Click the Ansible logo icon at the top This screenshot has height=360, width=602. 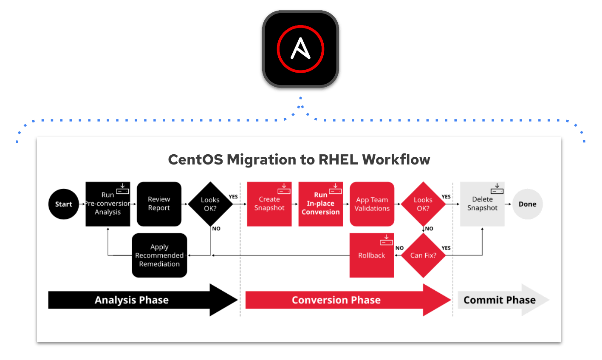300,49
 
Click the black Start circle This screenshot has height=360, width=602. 64,204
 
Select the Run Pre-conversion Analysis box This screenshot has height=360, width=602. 108,204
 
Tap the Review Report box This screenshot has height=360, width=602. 159,204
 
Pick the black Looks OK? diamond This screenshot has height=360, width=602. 210,204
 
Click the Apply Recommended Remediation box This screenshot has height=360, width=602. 159,255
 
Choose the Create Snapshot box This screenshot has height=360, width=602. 269,204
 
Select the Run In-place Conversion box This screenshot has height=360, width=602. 321,204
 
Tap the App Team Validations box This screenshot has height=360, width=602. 372,204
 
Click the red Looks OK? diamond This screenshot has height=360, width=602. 423,204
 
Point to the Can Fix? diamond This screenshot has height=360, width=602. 423,255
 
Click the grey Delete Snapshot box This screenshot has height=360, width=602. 482,204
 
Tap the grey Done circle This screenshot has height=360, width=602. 527,204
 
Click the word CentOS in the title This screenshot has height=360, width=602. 196,160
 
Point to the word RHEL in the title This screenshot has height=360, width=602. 339,160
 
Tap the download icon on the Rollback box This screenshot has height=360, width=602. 387,240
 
